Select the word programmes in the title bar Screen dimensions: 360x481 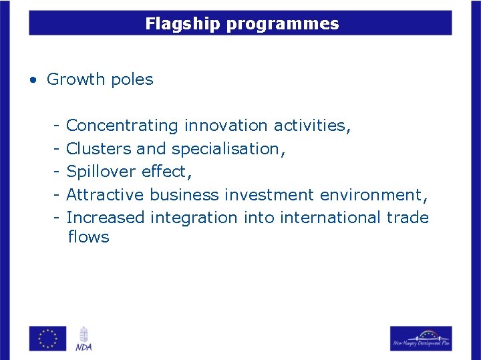tap(283, 25)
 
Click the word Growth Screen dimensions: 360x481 tap(76, 79)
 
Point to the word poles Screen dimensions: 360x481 tap(132, 79)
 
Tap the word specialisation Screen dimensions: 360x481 tap(227, 149)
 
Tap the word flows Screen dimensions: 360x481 tap(88, 237)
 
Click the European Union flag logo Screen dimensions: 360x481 tap(47, 338)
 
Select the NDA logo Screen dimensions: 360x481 tap(84, 338)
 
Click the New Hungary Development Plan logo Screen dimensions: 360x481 tap(421, 338)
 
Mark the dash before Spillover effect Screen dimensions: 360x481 tap(58, 172)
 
